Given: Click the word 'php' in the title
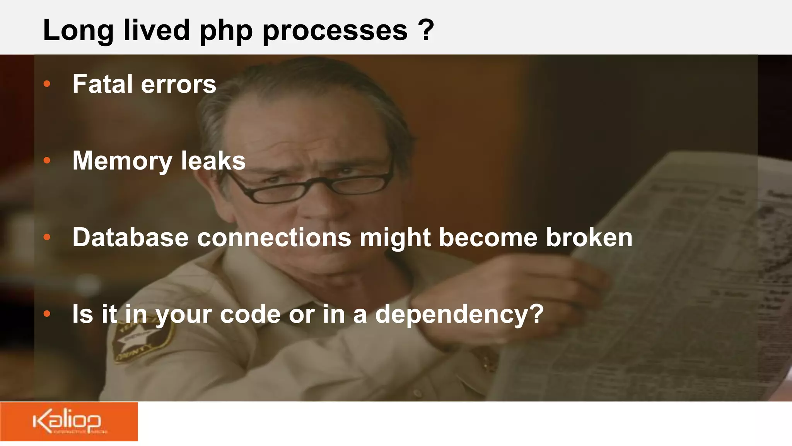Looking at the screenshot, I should (226, 31).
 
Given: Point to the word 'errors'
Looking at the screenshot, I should (178, 85).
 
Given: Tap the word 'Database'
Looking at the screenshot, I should (130, 237).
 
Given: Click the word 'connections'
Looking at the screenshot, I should (274, 237).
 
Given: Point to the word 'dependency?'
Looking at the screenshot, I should (459, 314).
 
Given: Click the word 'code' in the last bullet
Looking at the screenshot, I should (250, 314).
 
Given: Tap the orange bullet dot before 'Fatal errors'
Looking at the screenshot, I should (47, 84).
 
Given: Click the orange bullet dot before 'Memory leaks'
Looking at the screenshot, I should (47, 160).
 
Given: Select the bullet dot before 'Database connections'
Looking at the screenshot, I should (47, 237).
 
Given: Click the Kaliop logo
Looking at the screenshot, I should (68, 422).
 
